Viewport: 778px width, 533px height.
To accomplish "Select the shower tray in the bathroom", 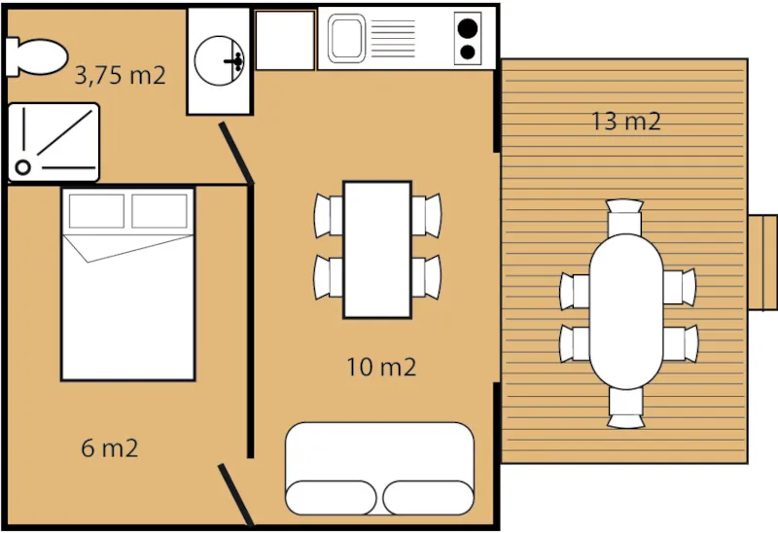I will coord(53,142).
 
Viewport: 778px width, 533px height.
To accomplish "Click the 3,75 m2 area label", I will coord(120,76).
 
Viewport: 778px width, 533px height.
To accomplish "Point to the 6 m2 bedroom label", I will coord(110,448).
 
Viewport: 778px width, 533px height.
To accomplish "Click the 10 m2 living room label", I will coord(381,367).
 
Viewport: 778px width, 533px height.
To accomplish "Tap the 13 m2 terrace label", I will coord(626,122).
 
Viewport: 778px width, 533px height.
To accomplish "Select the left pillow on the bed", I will coord(95,211).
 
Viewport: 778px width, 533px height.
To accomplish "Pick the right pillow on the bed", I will coord(159,211).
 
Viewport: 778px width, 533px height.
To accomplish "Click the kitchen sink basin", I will coord(345,39).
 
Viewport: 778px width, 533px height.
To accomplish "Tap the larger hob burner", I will coord(469,29).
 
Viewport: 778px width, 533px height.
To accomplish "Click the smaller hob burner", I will coord(468,53).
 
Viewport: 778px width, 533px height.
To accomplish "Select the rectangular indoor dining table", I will coord(376,249).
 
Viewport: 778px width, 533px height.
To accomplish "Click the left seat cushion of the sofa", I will coord(331,497).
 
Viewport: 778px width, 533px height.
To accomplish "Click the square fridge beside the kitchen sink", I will coord(285,40).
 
